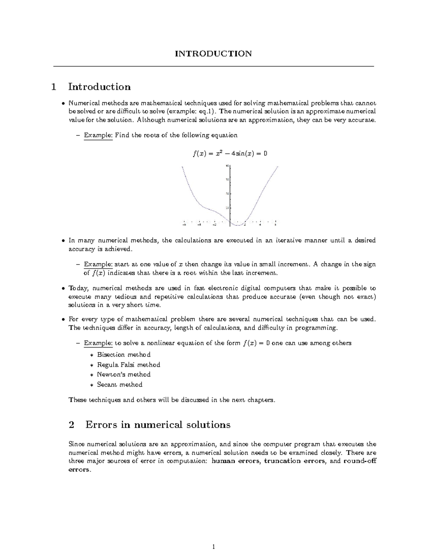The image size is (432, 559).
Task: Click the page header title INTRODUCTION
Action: click(213, 54)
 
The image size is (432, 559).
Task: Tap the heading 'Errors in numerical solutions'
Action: click(158, 425)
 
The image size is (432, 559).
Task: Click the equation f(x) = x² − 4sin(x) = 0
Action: click(230, 154)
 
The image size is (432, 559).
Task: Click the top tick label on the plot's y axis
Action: click(227, 166)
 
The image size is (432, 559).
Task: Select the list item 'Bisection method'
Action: click(123, 355)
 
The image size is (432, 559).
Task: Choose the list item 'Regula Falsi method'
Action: click(128, 365)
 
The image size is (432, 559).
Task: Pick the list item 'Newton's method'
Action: click(123, 374)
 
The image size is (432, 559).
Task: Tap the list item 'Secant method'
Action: click(120, 384)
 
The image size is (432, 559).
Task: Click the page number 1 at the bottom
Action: click(213, 547)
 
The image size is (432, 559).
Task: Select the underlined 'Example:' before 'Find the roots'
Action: click(98, 135)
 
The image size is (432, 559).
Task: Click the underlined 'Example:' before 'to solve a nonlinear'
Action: click(98, 343)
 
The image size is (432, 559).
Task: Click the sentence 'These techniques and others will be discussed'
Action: click(171, 400)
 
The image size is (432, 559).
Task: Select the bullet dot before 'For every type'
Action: click(63, 319)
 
